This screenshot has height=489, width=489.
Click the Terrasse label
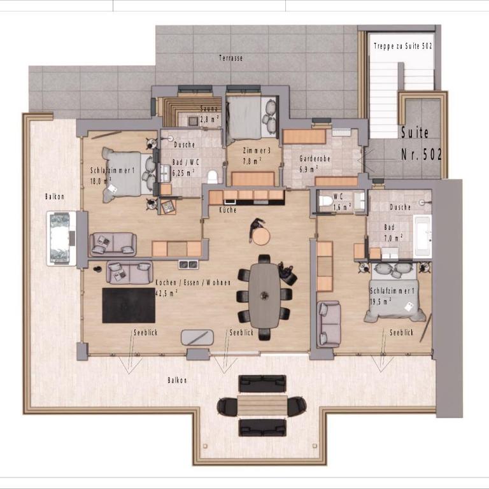(x=230, y=58)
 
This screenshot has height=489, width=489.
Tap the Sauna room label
(x=209, y=109)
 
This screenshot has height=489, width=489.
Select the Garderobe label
(x=315, y=159)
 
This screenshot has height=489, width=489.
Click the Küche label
(x=228, y=210)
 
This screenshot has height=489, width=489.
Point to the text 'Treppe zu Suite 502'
(x=403, y=46)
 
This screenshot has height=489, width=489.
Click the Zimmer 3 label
(x=257, y=151)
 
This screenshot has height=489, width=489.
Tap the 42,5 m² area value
(x=167, y=293)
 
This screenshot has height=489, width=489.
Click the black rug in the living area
(x=129, y=306)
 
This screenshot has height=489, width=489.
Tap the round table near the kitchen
(x=260, y=236)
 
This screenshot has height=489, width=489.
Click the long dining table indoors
(x=265, y=295)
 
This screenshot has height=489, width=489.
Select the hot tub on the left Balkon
(x=61, y=238)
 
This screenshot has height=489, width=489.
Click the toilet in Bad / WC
(x=212, y=177)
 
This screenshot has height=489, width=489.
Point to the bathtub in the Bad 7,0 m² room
(x=423, y=236)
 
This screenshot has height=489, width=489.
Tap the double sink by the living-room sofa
(x=188, y=264)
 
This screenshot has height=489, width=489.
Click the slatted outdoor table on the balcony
(x=262, y=406)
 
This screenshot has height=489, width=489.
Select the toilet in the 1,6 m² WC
(x=325, y=200)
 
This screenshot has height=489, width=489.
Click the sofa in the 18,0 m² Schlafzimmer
(x=113, y=244)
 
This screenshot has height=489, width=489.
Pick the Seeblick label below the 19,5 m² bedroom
(x=401, y=332)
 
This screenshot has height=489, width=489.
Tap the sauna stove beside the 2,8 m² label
(x=193, y=121)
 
